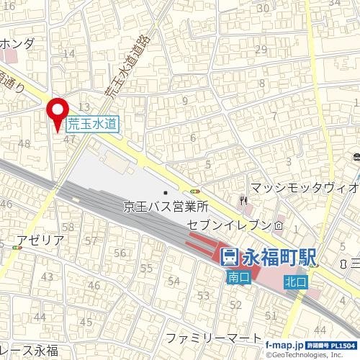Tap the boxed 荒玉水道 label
click(x=93, y=124)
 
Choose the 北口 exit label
click(x=295, y=282)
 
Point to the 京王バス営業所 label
click(x=166, y=207)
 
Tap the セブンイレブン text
click(x=228, y=225)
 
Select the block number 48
click(x=24, y=143)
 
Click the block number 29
click(x=261, y=49)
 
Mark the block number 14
click(x=70, y=53)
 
